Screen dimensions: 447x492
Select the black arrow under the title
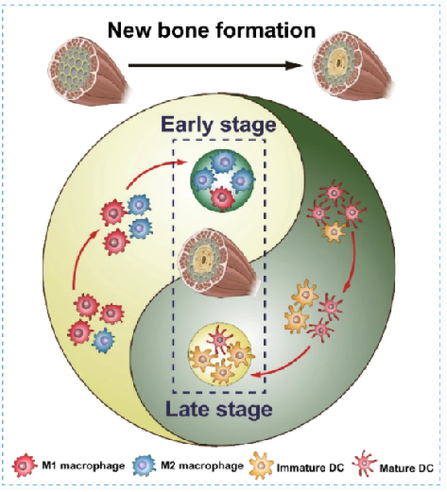pyautogui.click(x=215, y=65)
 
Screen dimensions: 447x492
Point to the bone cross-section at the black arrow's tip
pyautogui.click(x=352, y=65)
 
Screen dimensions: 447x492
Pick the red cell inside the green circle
pyautogui.click(x=222, y=198)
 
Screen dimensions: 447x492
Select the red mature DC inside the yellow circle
pyautogui.click(x=220, y=340)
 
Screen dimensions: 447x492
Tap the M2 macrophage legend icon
pyautogui.click(x=145, y=465)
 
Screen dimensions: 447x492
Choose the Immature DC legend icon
pyautogui.click(x=261, y=466)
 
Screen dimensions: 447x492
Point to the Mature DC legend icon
pyautogui.click(x=365, y=464)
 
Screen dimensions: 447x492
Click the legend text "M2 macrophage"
pyautogui.click(x=202, y=466)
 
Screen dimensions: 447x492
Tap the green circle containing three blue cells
pyautogui.click(x=222, y=180)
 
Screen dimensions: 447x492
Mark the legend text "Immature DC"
pyautogui.click(x=310, y=468)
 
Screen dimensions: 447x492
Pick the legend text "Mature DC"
pyautogui.click(x=406, y=468)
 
